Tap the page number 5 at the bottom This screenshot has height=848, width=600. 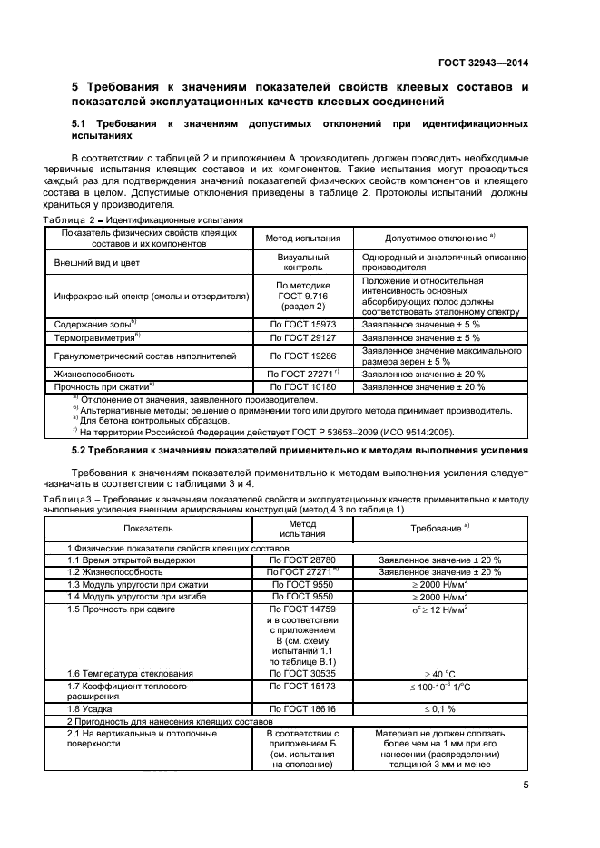[526, 786]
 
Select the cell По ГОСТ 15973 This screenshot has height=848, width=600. [302, 324]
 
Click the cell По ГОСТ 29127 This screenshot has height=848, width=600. [302, 337]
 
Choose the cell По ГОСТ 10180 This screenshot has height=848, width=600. [302, 386]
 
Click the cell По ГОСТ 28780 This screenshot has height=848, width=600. [302, 560]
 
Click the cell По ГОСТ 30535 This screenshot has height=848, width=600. [302, 673]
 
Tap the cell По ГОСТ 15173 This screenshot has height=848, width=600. [302, 687]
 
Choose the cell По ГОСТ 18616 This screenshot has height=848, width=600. [302, 707]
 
